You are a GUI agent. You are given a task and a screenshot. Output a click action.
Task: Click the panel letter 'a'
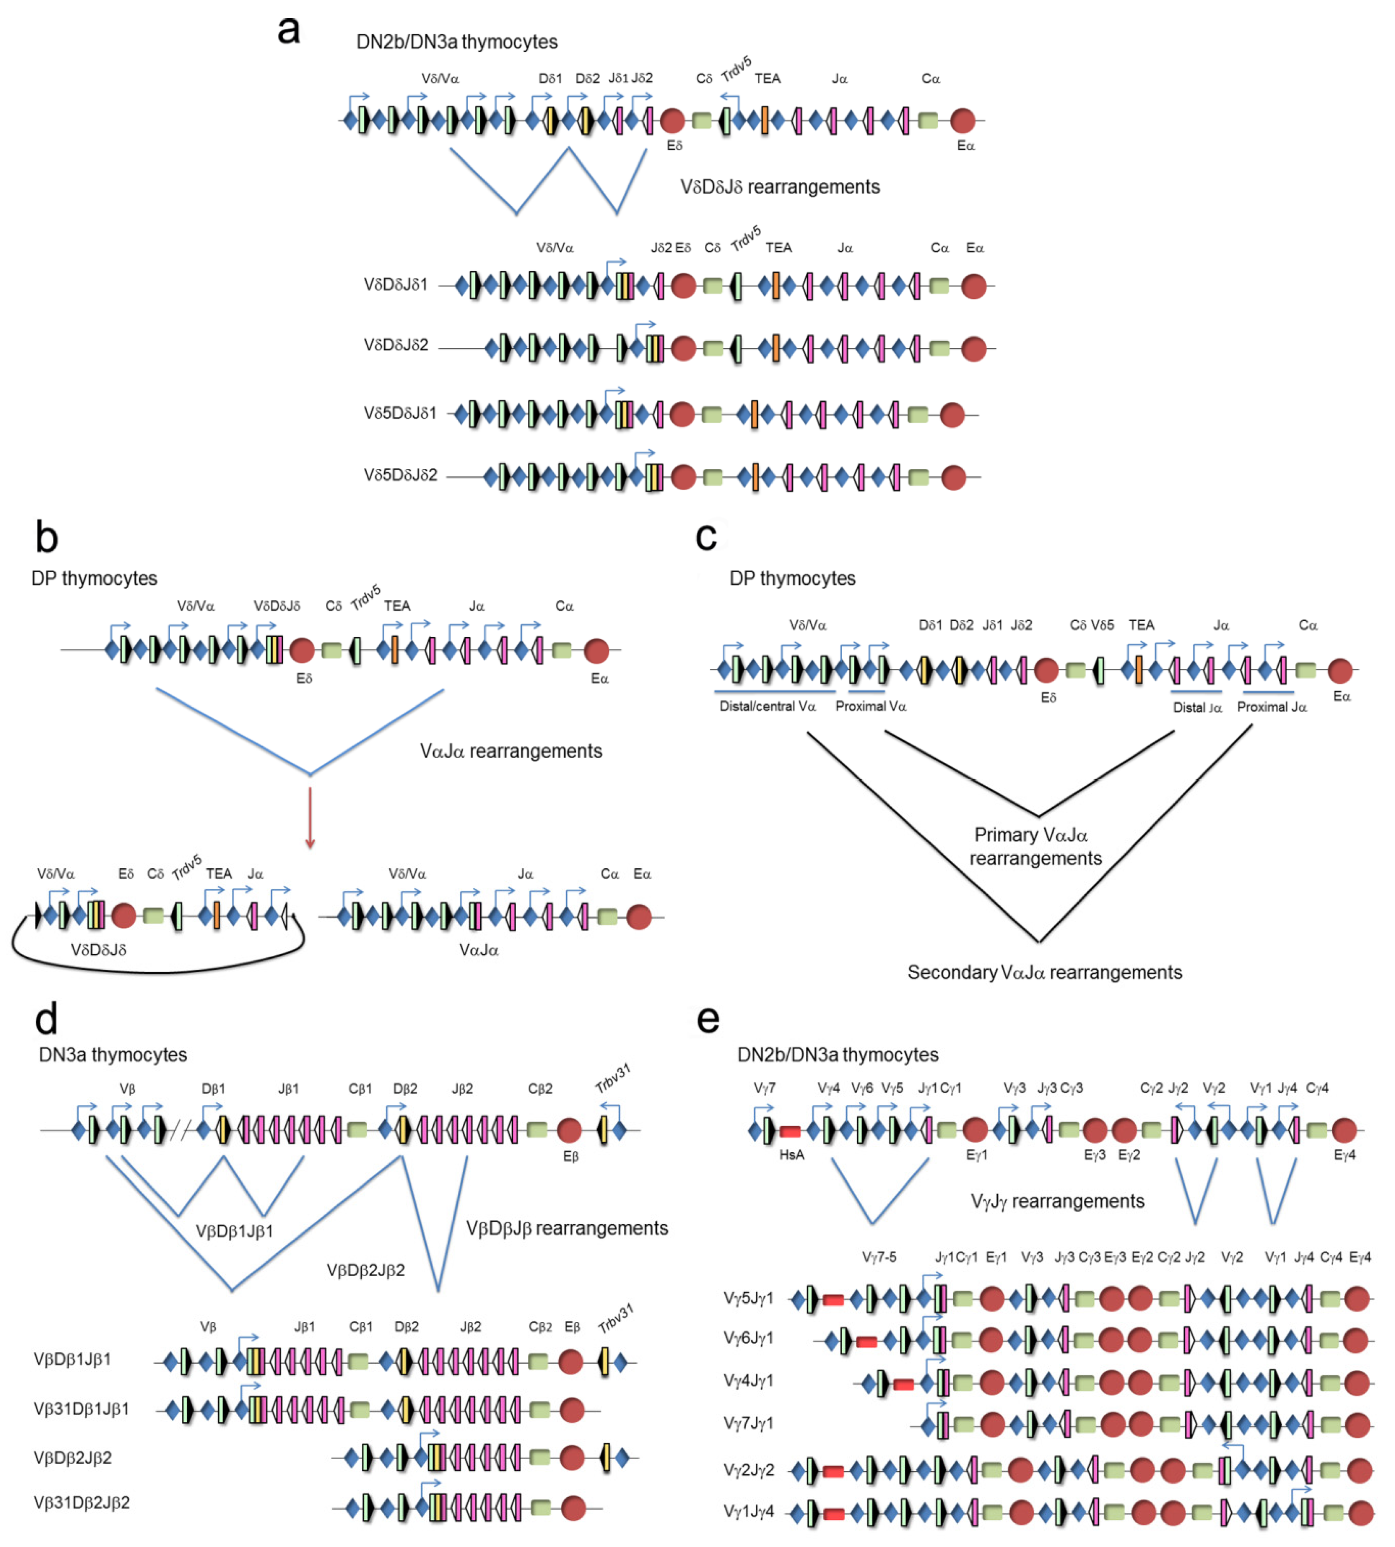pos(288,31)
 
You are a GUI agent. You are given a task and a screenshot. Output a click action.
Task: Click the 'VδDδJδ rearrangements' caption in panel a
pos(779,187)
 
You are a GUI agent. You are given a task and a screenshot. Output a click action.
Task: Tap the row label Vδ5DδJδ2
pos(400,475)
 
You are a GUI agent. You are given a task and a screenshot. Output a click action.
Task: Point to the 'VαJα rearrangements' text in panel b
pos(511,751)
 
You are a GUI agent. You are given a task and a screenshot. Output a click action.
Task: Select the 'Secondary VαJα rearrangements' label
pos(1044,972)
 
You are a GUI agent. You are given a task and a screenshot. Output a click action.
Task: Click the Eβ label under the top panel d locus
pos(570,1155)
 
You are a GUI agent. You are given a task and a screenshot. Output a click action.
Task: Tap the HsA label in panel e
pos(791,1155)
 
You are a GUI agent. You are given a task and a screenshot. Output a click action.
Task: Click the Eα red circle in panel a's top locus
pos(962,120)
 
